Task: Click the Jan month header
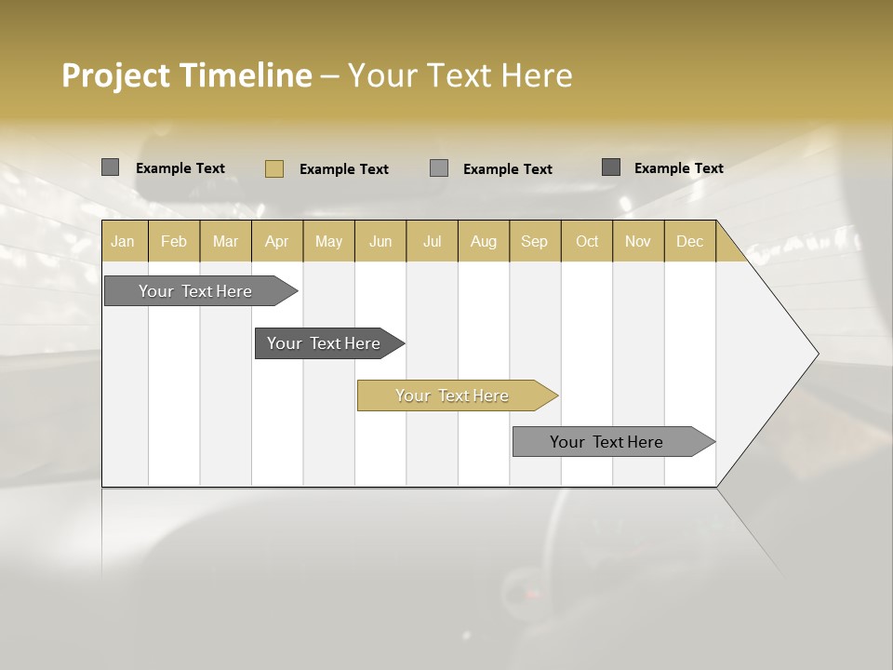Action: pyautogui.click(x=123, y=241)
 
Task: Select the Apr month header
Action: pyautogui.click(x=276, y=241)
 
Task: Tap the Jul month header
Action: pyautogui.click(x=432, y=241)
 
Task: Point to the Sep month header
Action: pyautogui.click(x=534, y=241)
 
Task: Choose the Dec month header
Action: pyautogui.click(x=689, y=241)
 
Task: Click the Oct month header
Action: pyautogui.click(x=587, y=241)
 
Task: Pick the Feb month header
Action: pyautogui.click(x=174, y=241)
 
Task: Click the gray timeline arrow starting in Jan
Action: pyautogui.click(x=195, y=291)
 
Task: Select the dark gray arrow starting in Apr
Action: pyautogui.click(x=324, y=343)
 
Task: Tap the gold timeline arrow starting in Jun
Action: pyautogui.click(x=452, y=395)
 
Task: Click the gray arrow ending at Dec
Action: pyautogui.click(x=606, y=442)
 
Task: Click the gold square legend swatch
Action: pyautogui.click(x=274, y=168)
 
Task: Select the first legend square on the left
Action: pyautogui.click(x=111, y=167)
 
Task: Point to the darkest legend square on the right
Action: pyautogui.click(x=611, y=167)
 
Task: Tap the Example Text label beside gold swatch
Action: pyautogui.click(x=344, y=169)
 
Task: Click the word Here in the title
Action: pyautogui.click(x=537, y=75)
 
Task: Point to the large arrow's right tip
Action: pyautogui.click(x=816, y=354)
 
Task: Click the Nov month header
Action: pyautogui.click(x=638, y=241)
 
